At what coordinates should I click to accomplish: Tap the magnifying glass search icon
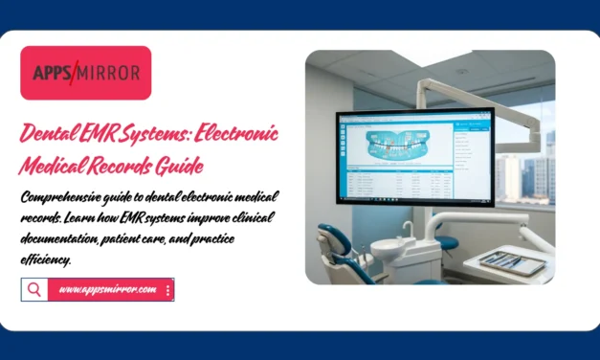pos(34,289)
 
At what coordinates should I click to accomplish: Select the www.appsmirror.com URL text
pos(106,289)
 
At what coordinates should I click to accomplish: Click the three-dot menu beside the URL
pos(168,289)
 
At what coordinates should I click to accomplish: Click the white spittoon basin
pos(389,248)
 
